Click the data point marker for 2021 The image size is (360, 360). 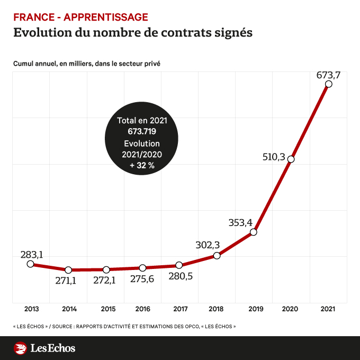tap(329, 84)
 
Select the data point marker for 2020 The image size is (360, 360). tap(291, 159)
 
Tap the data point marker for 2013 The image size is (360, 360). tap(30, 264)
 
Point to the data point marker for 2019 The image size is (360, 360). tap(254, 232)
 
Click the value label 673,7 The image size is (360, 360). tap(328, 75)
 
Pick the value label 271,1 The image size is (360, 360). tap(66, 281)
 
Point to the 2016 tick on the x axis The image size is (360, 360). tap(142, 309)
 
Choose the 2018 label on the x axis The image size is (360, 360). tap(217, 309)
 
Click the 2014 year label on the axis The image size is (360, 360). tap(69, 309)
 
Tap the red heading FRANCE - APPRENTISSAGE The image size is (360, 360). tap(80, 17)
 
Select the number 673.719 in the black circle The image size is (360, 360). tap(142, 131)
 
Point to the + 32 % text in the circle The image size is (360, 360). tap(142, 166)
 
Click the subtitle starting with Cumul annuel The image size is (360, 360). tap(87, 64)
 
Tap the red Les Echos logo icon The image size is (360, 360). tap(20, 348)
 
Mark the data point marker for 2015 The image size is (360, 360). tap(106, 269)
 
